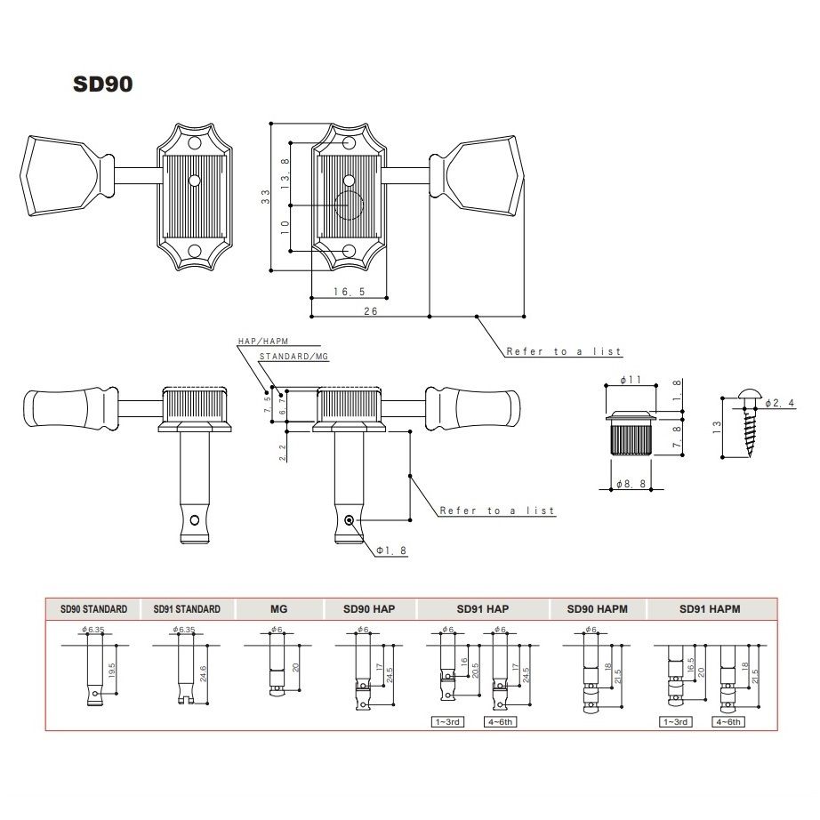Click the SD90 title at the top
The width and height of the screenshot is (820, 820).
click(103, 84)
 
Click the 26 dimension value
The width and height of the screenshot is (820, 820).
click(371, 310)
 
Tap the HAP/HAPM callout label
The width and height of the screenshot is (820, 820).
click(263, 342)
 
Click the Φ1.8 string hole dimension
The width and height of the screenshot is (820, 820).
click(391, 551)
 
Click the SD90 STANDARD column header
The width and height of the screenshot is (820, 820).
click(93, 609)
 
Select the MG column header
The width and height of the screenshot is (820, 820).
click(277, 609)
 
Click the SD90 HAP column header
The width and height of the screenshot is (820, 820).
click(368, 609)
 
